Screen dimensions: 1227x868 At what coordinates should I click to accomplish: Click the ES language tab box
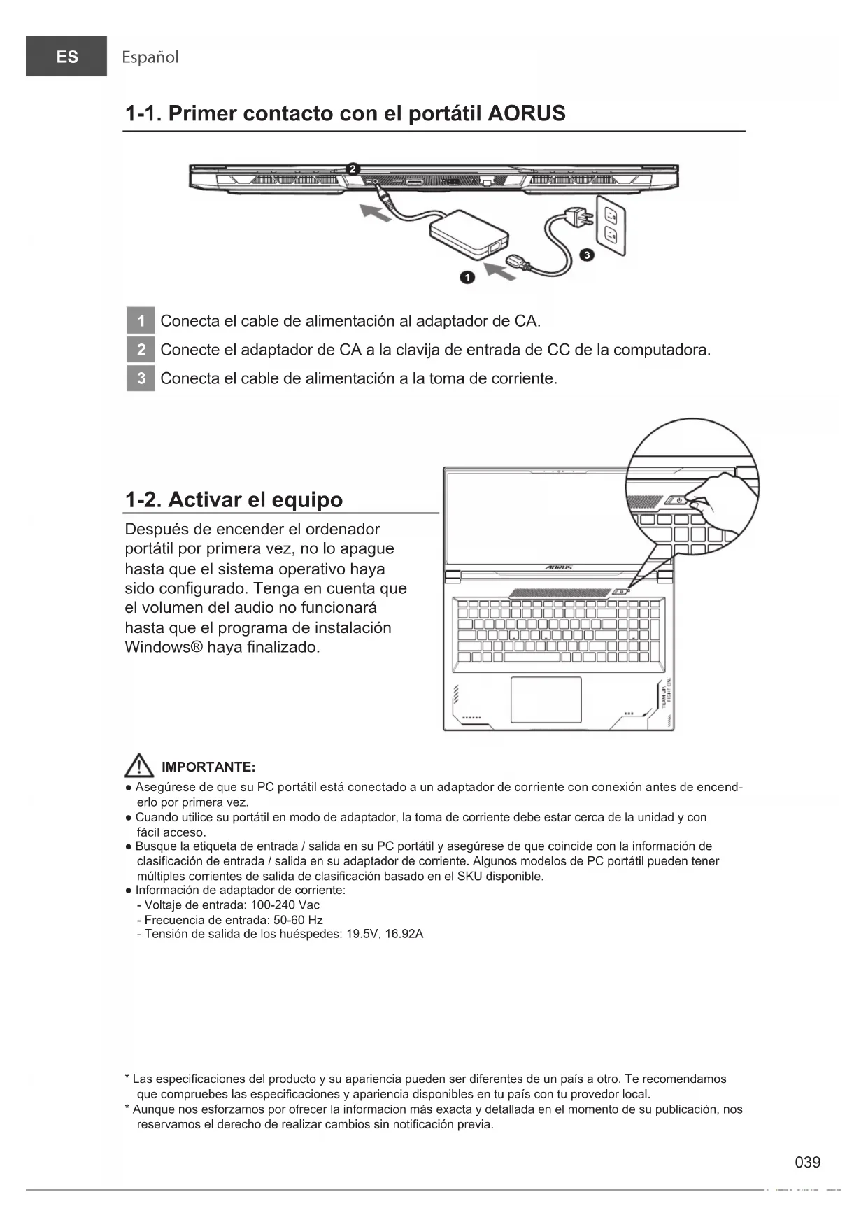66,57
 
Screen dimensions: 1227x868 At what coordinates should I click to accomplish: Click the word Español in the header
150,57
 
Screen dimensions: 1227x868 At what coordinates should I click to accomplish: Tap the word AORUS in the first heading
526,113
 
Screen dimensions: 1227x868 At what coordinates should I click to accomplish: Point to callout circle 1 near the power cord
467,278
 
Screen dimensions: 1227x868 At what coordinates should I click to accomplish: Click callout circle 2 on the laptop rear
353,169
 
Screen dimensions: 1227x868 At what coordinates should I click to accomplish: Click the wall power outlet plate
611,224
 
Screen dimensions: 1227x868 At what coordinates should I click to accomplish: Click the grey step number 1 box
141,321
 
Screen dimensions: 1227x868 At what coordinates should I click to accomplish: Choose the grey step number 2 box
141,350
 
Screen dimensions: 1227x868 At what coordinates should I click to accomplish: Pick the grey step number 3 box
141,378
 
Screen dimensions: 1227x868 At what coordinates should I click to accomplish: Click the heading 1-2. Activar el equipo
234,500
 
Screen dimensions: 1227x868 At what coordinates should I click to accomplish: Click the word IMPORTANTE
208,767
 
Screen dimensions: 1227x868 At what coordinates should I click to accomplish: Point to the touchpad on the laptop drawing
546,700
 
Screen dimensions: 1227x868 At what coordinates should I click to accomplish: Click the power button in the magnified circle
678,500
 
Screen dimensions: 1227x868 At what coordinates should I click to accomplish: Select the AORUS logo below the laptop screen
558,567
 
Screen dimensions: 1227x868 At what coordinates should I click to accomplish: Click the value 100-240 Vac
285,905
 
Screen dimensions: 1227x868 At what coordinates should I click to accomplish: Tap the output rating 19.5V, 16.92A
385,935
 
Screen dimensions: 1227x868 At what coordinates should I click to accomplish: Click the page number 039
807,1163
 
